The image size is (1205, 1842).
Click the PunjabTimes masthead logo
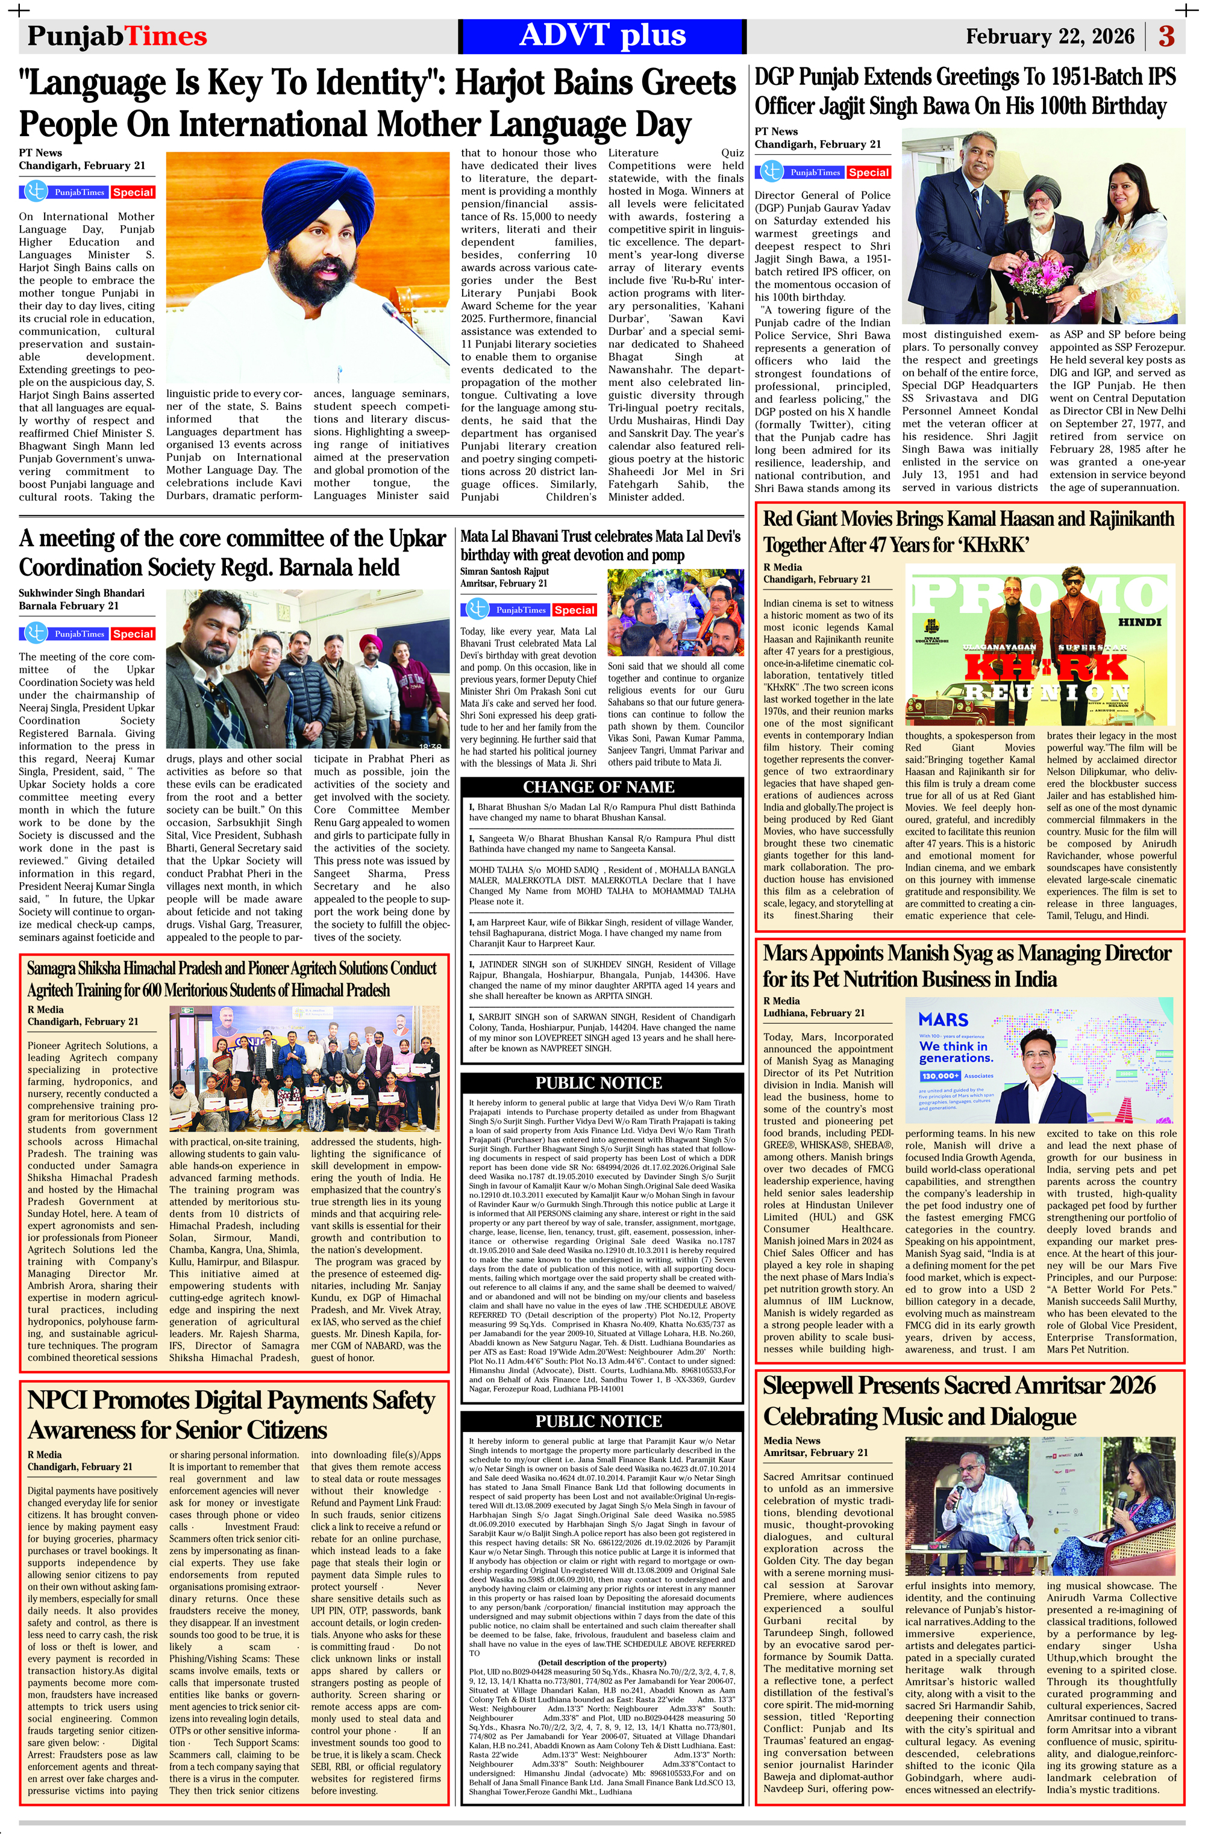117,36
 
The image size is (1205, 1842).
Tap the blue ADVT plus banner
602,36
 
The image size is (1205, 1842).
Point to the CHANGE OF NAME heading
599,787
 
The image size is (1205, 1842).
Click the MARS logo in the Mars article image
944,1020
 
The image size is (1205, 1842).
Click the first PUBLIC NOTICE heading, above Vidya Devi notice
599,1083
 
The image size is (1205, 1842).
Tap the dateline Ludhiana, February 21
814,1013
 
